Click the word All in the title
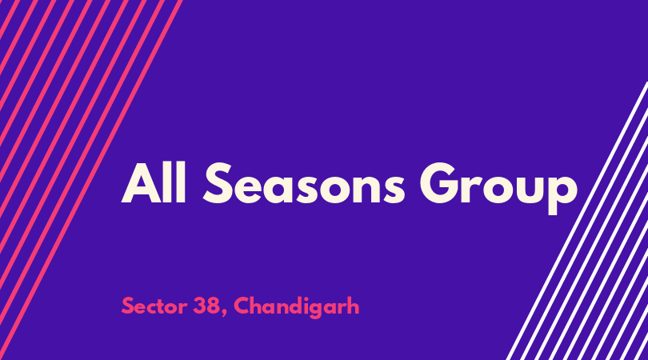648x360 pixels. coord(154,182)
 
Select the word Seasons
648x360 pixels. coord(304,183)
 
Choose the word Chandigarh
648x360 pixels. coord(297,307)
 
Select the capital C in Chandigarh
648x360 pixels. coord(242,306)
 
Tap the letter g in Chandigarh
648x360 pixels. coord(316,310)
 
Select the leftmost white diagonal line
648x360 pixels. coord(577,221)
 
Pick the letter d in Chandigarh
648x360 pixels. coord(296,306)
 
